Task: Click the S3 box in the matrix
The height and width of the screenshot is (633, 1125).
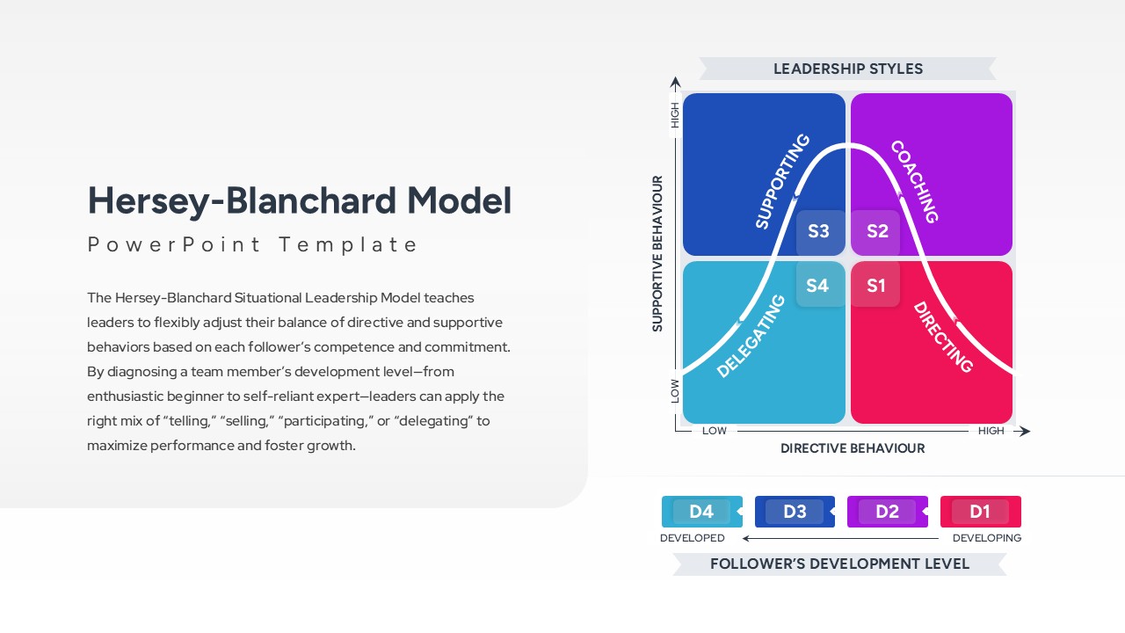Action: coord(819,231)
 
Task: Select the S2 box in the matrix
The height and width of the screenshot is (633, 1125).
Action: coord(876,231)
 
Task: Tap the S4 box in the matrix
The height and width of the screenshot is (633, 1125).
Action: coord(818,285)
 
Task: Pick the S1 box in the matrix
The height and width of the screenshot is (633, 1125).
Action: coord(876,285)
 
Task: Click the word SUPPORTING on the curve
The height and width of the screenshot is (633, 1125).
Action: coord(782,181)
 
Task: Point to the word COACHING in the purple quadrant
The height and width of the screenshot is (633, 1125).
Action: coord(915,182)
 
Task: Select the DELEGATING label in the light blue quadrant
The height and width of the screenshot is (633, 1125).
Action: coord(751,336)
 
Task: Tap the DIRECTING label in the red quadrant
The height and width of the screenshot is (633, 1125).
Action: coord(943,337)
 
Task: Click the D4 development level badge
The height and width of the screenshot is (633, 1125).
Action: coord(701,512)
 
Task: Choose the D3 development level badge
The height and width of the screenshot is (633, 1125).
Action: coord(795,512)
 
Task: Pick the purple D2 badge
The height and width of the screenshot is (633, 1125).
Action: coord(887,512)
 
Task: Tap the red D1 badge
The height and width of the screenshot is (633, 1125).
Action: coord(980,512)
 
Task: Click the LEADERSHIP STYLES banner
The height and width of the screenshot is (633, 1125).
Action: coord(848,69)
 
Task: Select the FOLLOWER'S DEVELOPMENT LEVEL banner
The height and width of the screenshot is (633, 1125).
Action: coord(839,564)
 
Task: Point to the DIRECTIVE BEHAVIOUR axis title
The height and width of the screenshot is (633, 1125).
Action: coord(853,448)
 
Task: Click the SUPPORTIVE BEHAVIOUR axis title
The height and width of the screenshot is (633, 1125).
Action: coord(657,253)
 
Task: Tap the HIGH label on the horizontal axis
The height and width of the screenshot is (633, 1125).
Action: coord(991,431)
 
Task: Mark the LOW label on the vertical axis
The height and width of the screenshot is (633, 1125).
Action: coord(675,390)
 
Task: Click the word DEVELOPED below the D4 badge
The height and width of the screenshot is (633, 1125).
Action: coord(693,538)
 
